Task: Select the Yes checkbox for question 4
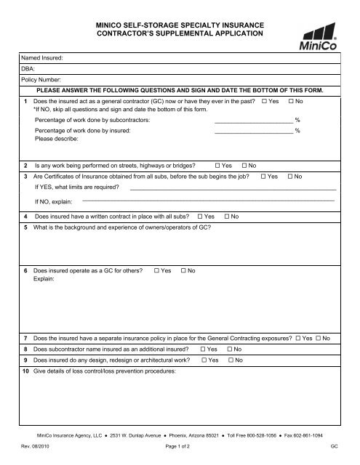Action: [x=201, y=217]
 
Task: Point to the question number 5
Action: [x=25, y=228]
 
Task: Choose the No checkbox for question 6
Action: [x=183, y=270]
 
